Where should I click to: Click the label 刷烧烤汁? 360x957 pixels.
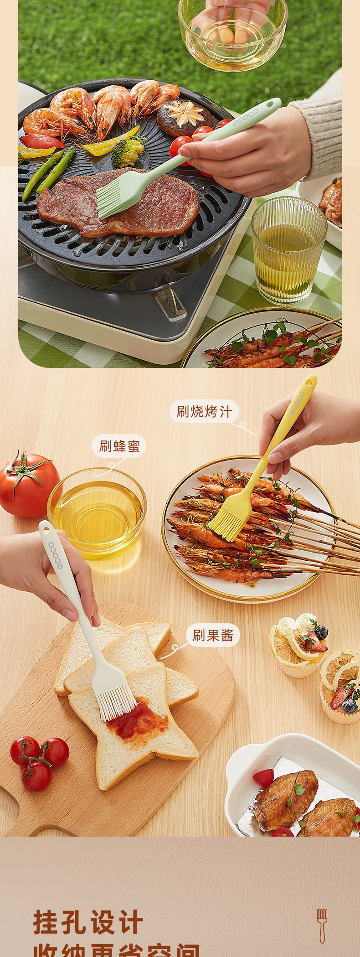click(204, 412)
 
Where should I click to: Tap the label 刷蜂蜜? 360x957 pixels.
click(119, 446)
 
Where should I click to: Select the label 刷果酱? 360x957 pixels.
click(213, 635)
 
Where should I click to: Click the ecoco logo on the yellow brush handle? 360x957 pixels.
click(296, 403)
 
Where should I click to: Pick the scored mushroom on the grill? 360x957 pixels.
click(185, 117)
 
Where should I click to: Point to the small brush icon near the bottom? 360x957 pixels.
click(322, 926)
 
